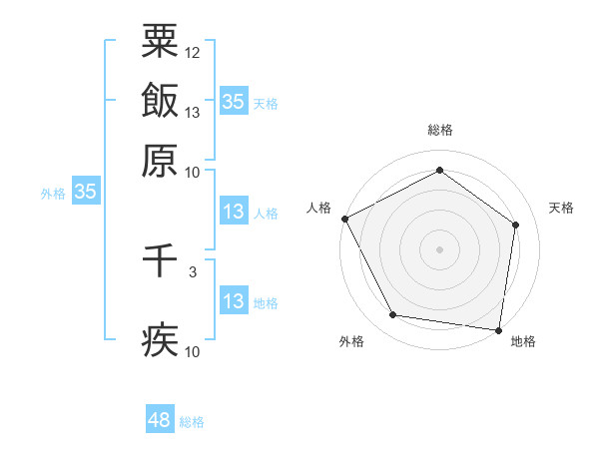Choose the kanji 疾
(160, 339)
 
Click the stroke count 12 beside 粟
(193, 52)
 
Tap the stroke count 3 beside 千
(193, 271)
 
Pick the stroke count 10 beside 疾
(193, 351)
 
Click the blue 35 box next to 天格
(233, 101)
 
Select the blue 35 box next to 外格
(85, 192)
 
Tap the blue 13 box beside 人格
(233, 212)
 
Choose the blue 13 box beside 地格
(233, 301)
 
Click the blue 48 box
(159, 420)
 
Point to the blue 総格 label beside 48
(192, 422)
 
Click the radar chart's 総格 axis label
(439, 131)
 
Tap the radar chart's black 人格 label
(319, 207)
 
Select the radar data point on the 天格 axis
(515, 225)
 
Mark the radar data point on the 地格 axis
(499, 329)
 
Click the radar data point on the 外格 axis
(393, 315)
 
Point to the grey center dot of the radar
(439, 248)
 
